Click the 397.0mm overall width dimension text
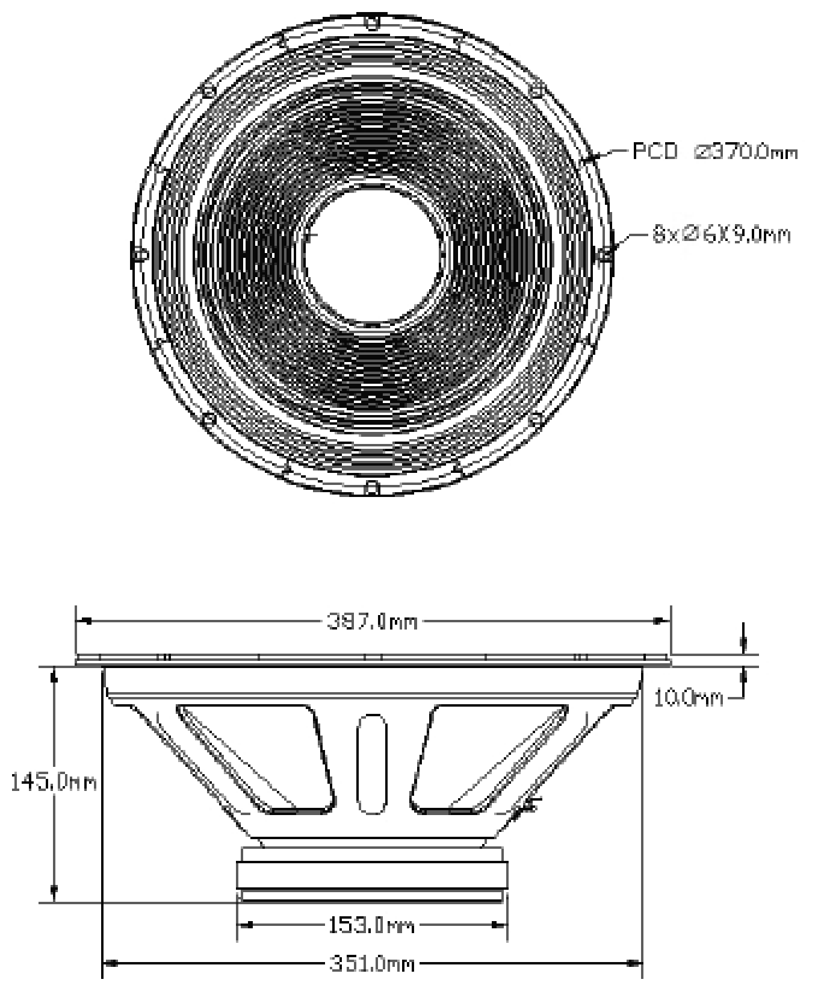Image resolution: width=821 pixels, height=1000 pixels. [x=372, y=621]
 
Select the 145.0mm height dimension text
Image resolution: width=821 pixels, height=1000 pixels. [x=54, y=783]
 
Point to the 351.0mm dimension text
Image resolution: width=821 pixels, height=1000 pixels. [x=372, y=964]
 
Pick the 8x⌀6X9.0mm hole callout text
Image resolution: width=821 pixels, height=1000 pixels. [x=721, y=234]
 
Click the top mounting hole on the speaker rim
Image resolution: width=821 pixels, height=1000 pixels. [x=373, y=24]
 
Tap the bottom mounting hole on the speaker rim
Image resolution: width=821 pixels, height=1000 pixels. [x=373, y=486]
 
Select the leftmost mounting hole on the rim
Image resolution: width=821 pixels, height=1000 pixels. [x=140, y=254]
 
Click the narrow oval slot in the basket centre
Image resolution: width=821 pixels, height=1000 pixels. [x=373, y=764]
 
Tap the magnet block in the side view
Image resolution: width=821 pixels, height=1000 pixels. [x=372, y=875]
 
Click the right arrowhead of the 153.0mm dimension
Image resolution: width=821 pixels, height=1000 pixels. [x=500, y=925]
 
